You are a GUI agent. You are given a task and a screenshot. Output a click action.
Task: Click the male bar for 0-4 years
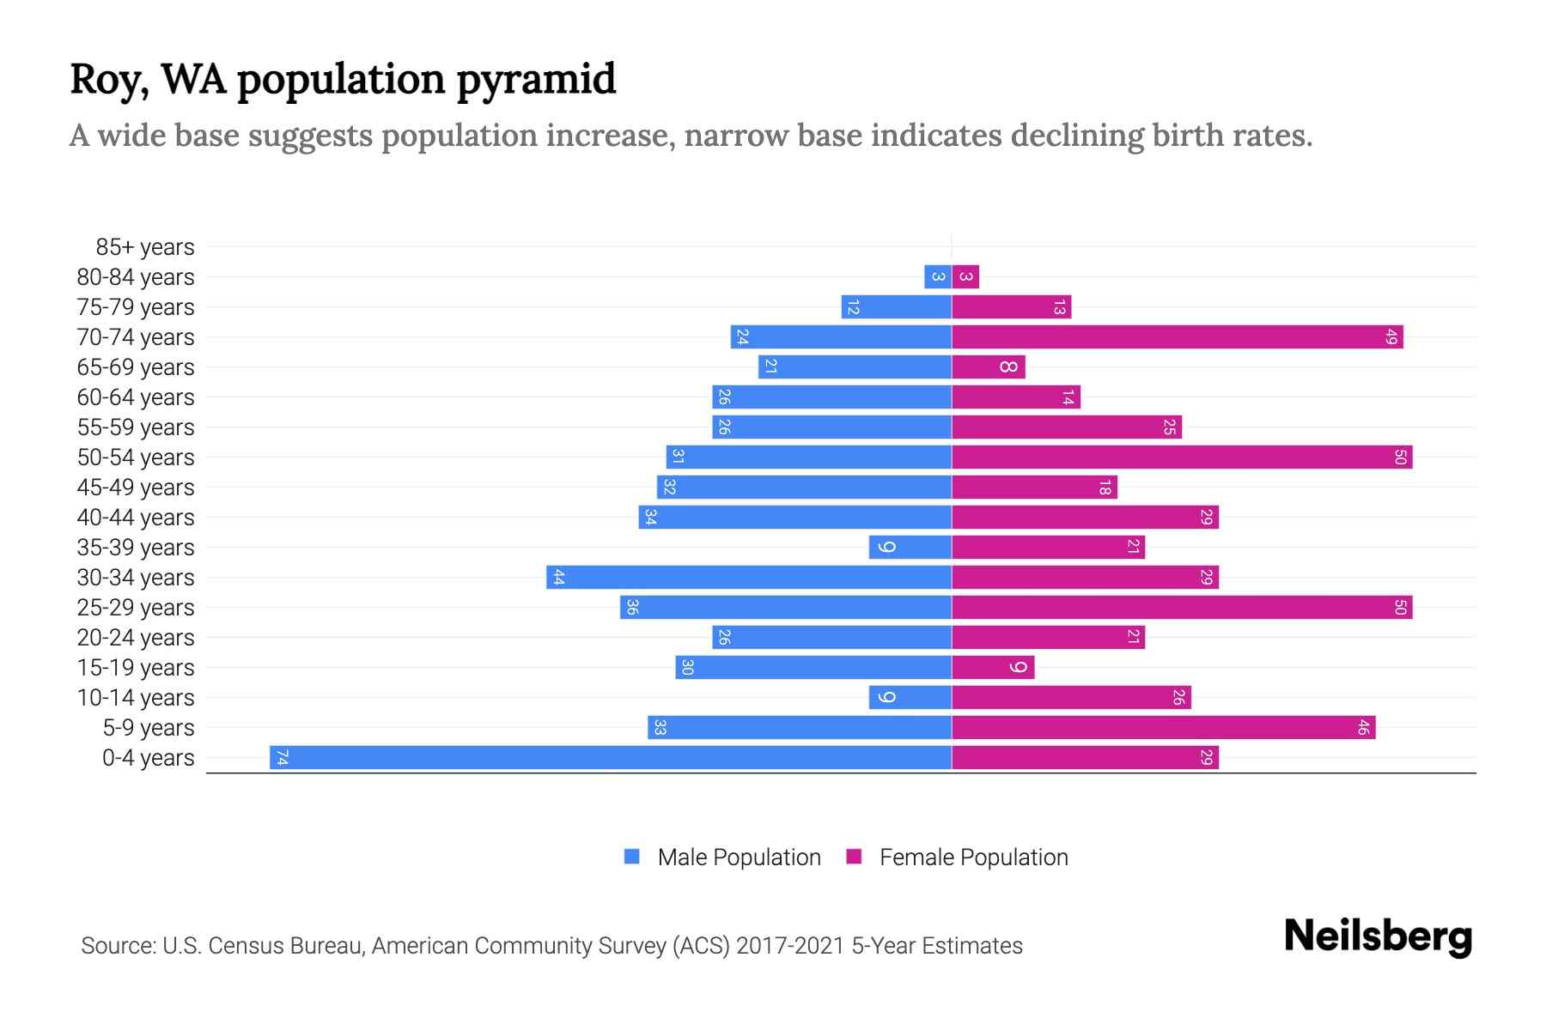click(x=610, y=757)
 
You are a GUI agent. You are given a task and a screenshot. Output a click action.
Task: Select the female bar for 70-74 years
click(x=1177, y=336)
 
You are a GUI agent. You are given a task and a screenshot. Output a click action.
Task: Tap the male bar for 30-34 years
click(x=749, y=577)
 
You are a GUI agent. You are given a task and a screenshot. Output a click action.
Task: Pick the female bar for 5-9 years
click(x=1163, y=727)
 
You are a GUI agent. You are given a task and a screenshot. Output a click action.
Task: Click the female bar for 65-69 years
click(x=988, y=367)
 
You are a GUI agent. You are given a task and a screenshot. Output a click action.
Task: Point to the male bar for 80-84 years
click(x=938, y=276)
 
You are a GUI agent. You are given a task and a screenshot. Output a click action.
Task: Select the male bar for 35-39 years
click(x=910, y=547)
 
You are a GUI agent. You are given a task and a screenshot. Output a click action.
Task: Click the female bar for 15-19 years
click(x=993, y=667)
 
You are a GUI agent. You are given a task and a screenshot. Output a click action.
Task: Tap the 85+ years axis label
click(x=144, y=247)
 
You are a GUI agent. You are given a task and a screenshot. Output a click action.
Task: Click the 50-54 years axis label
click(x=136, y=457)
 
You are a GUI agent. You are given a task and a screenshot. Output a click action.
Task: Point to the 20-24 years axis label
click(x=136, y=638)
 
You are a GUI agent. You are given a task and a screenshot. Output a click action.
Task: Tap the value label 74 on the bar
click(x=282, y=757)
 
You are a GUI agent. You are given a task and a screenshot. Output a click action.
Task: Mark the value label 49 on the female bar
click(x=1391, y=336)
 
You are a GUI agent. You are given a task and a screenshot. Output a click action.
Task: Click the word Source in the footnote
click(x=118, y=946)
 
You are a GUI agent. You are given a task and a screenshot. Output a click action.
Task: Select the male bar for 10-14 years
click(x=910, y=697)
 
